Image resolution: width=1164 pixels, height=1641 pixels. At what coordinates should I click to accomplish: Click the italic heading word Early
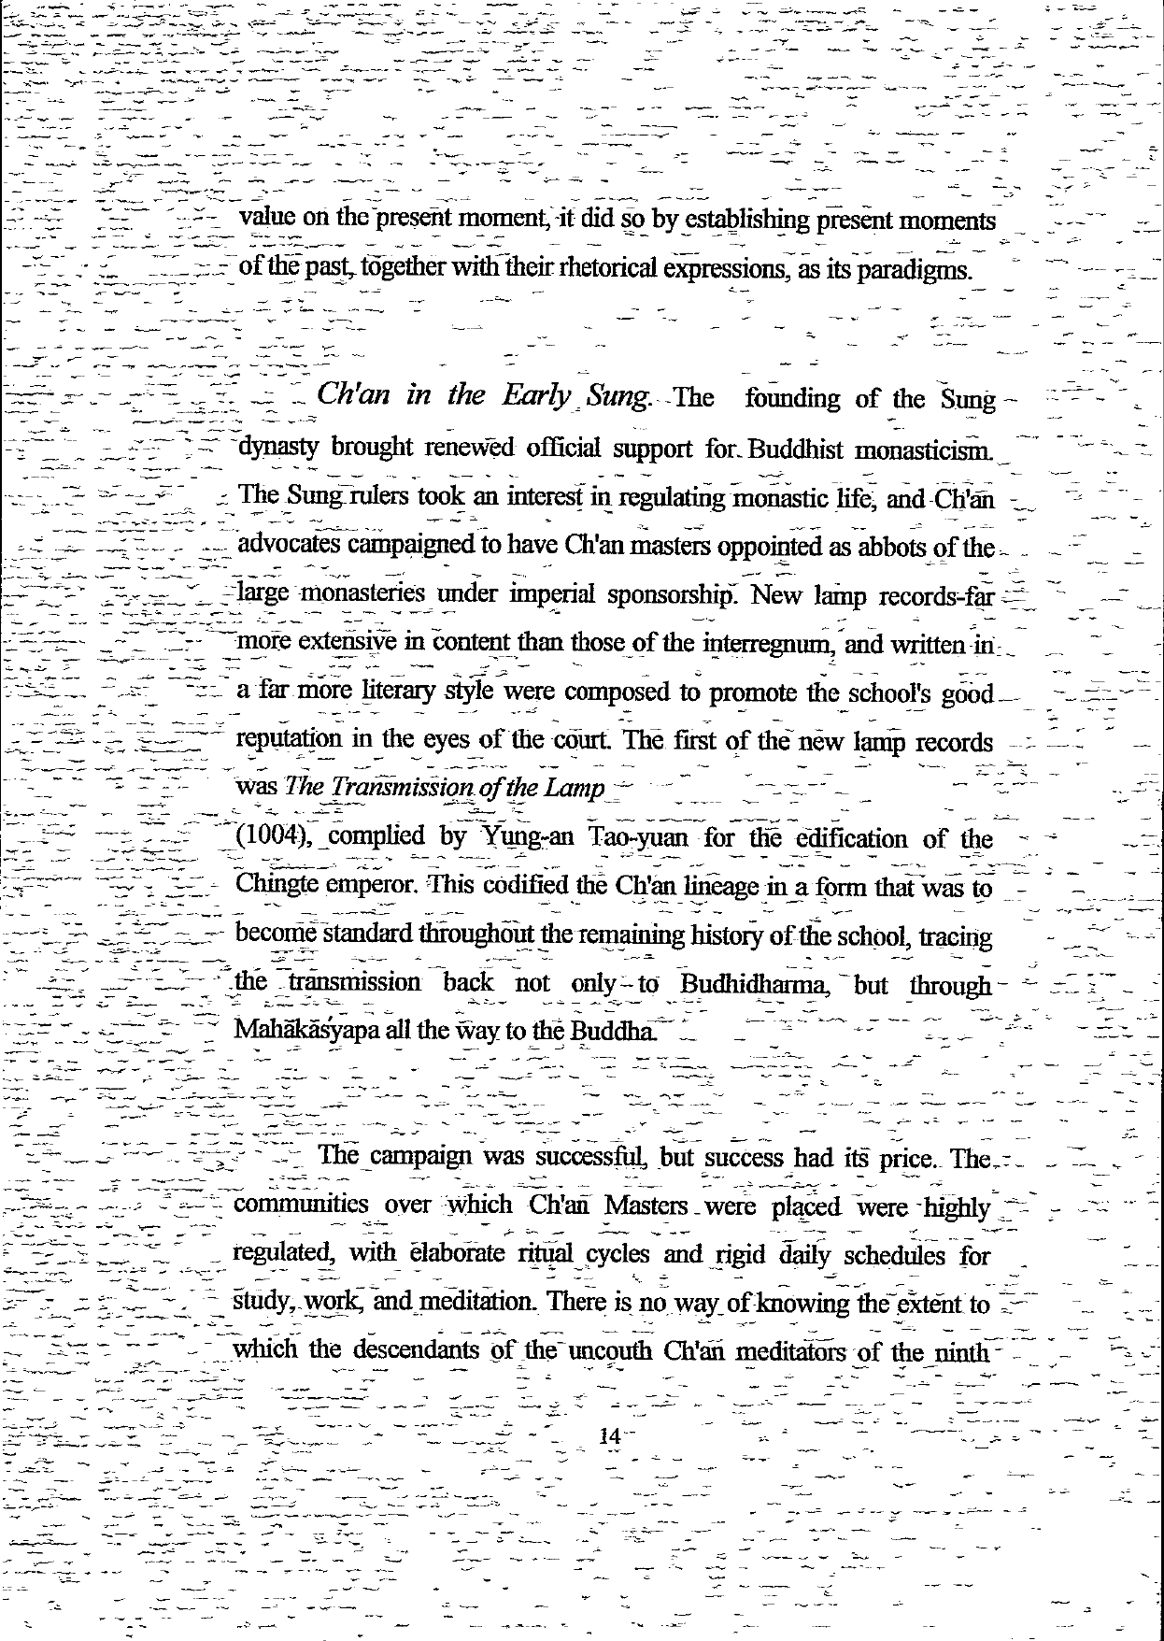pyautogui.click(x=534, y=396)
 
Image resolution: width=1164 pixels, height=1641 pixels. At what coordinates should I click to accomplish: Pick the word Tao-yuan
pyautogui.click(x=637, y=837)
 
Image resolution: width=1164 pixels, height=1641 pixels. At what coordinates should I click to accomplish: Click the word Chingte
pyautogui.click(x=277, y=885)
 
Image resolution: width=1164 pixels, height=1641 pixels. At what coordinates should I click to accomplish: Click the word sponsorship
pyautogui.click(x=669, y=595)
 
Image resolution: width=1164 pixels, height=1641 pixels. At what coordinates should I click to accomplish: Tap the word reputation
pyautogui.click(x=289, y=740)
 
